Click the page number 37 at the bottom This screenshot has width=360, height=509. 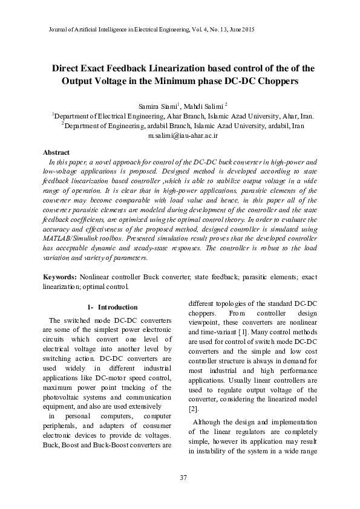click(x=184, y=478)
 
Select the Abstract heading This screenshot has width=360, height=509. click(x=56, y=152)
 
